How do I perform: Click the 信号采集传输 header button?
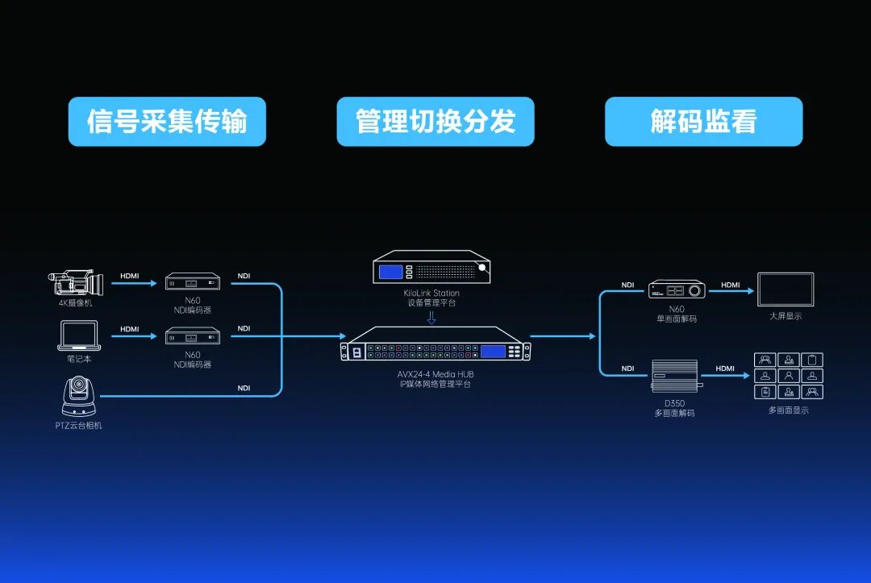167,122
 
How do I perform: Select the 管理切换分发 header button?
435,122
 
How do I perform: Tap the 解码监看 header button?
704,122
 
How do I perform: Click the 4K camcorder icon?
76,282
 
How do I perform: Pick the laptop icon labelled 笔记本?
79,335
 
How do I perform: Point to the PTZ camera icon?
79,396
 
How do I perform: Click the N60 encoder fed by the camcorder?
193,281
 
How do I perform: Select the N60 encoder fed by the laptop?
193,336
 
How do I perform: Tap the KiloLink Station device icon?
431,267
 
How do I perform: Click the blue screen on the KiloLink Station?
390,272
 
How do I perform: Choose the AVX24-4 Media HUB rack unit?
435,344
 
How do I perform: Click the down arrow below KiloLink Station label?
431,318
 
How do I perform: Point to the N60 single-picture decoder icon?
677,289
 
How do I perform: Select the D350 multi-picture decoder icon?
676,376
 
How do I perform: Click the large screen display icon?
786,289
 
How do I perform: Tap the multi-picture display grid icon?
788,376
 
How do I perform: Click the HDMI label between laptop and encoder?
129,329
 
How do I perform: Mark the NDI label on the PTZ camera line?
244,388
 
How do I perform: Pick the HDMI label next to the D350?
725,369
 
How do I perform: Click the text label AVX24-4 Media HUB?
435,374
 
